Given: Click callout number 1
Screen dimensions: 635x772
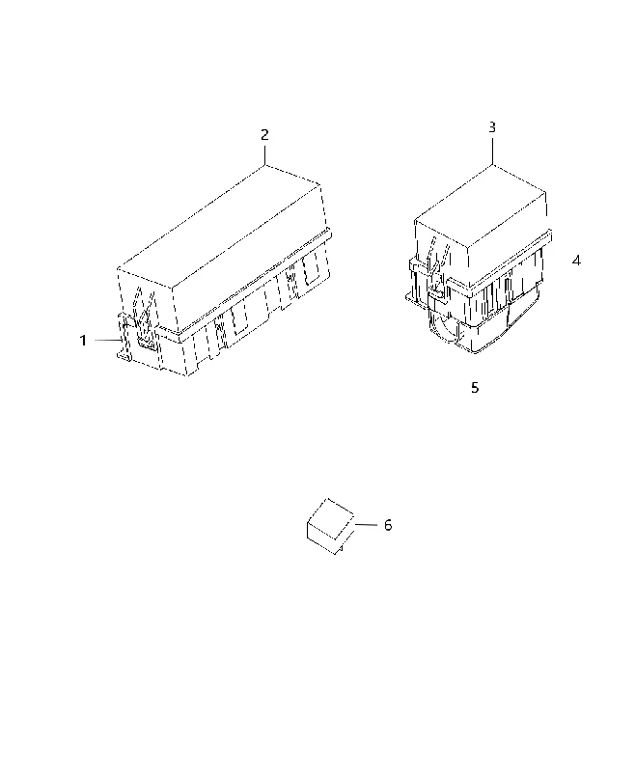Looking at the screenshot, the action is [83, 341].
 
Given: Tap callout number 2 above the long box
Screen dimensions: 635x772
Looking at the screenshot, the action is [264, 135].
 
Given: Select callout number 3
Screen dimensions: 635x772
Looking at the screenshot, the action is [492, 127].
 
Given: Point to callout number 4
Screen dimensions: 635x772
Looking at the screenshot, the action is [576, 261].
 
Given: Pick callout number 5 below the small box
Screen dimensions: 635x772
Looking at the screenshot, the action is [475, 388].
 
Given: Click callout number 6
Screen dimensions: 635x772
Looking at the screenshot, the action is [388, 525].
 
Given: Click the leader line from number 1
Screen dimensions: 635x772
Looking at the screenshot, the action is [108, 340].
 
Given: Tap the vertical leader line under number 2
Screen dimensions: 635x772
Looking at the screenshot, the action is [264, 154].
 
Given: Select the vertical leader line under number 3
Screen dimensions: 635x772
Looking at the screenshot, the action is [492, 151].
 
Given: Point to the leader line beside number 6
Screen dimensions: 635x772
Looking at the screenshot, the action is [366, 525].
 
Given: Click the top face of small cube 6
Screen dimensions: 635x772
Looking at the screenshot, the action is [330, 518].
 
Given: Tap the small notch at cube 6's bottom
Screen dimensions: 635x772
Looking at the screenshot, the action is [339, 549].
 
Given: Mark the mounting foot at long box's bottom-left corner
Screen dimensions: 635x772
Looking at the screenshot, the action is [124, 356].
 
